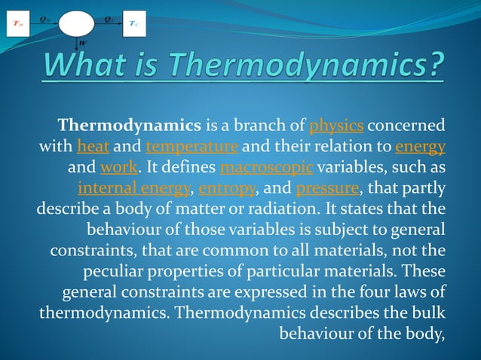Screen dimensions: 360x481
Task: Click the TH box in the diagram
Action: pyautogui.click(x=16, y=23)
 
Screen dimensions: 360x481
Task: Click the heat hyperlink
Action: pyautogui.click(x=93, y=146)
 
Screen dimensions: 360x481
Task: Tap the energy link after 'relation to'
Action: pyautogui.click(x=419, y=146)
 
